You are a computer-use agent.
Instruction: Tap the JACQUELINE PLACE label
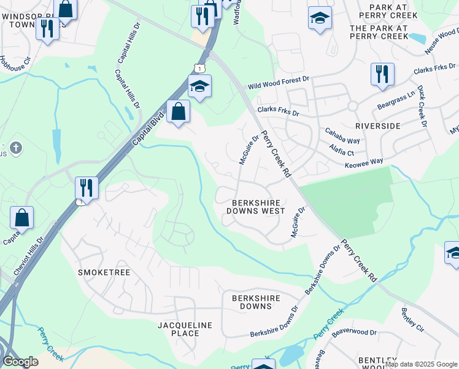185,329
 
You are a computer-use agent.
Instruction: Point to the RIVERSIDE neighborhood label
377,125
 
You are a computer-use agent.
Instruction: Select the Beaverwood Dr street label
354,332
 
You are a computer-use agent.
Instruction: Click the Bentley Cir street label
412,320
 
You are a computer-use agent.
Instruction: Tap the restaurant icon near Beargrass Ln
382,74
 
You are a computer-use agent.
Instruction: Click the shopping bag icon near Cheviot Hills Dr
21,217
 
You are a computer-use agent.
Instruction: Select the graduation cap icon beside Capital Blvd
199,86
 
